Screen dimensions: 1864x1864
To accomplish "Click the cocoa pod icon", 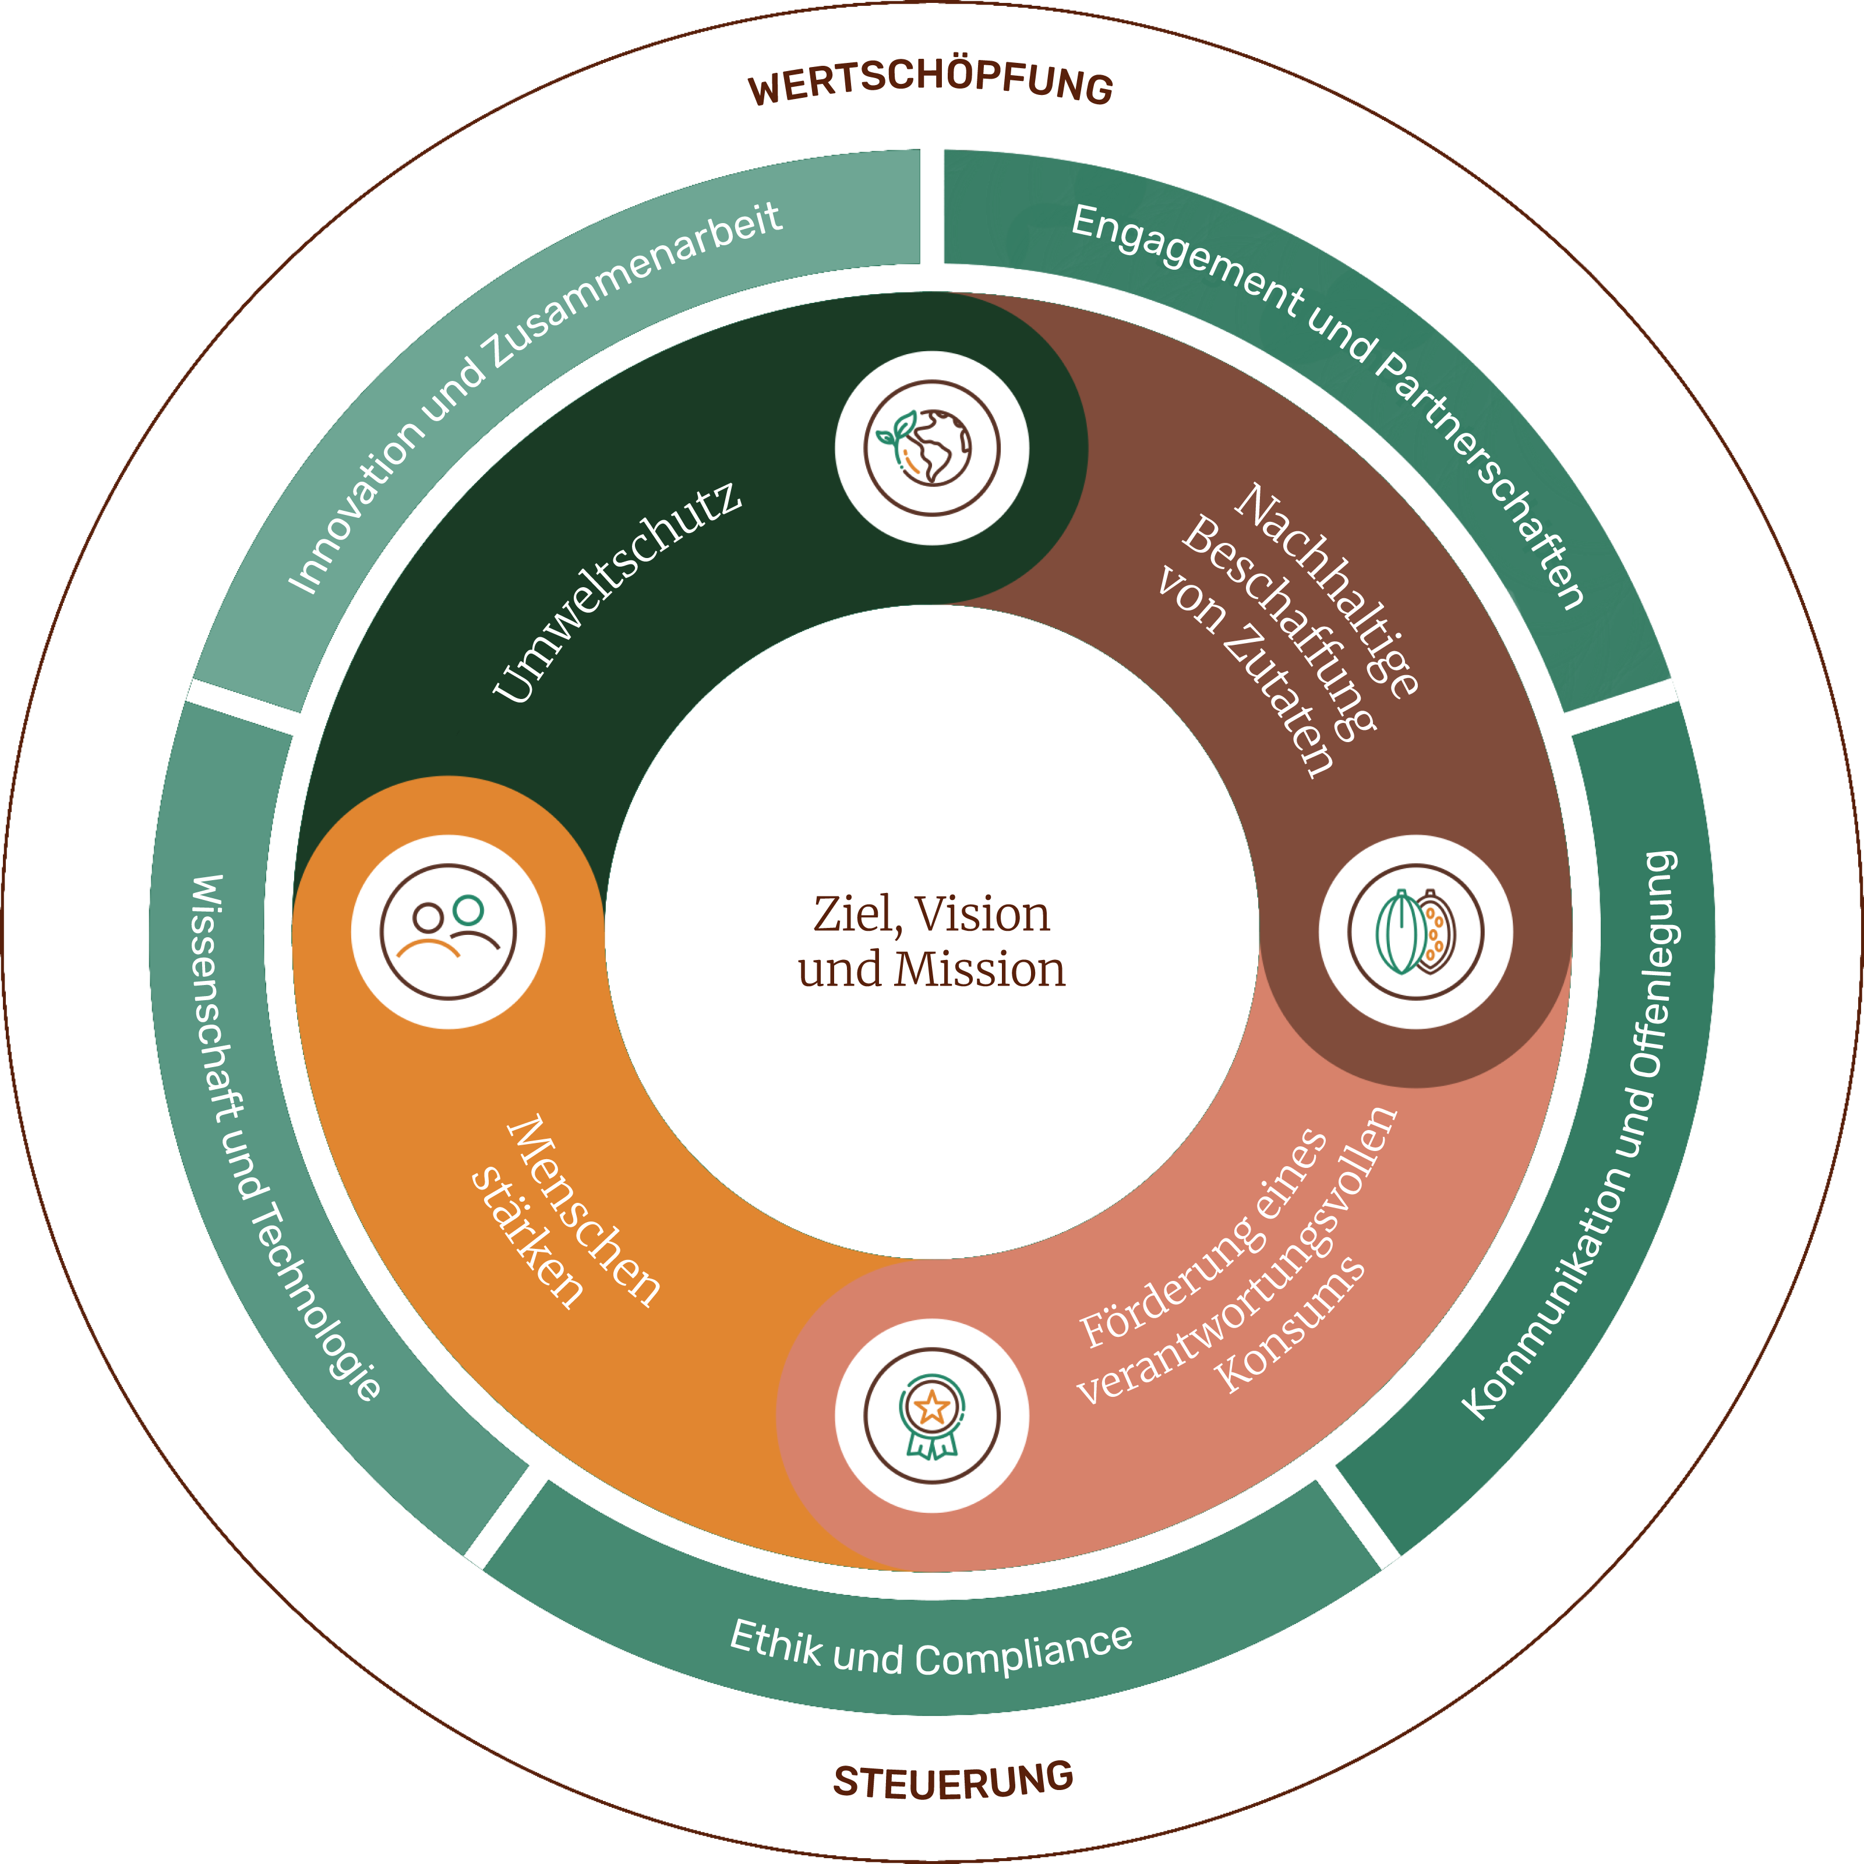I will [x=1415, y=932].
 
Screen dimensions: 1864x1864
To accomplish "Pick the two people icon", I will [x=449, y=932].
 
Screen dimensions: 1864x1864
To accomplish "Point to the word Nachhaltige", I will [x=1326, y=588].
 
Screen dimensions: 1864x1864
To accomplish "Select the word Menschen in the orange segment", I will [x=584, y=1211].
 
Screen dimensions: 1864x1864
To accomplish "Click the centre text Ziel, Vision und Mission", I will [x=931, y=941].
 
